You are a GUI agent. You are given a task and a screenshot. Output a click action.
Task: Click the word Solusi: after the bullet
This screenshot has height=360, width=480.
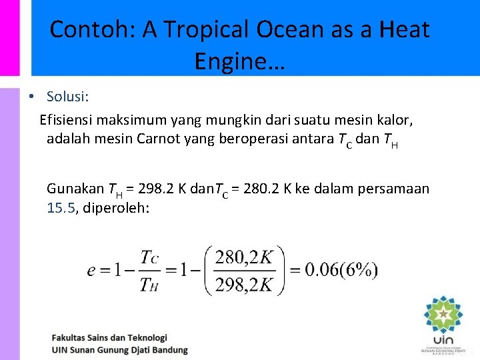tap(67, 97)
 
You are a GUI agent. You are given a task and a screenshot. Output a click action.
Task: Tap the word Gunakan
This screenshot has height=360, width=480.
tap(75, 189)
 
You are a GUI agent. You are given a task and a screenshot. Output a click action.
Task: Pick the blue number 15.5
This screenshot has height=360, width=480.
tap(61, 208)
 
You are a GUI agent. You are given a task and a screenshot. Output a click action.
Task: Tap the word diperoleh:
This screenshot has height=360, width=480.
tap(114, 208)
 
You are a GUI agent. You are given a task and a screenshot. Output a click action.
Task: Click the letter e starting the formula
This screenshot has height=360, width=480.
tap(91, 271)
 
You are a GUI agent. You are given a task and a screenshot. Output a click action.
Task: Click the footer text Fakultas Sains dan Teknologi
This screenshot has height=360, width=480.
tap(109, 338)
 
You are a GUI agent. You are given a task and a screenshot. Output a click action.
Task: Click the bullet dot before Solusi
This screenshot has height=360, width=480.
tap(31, 97)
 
